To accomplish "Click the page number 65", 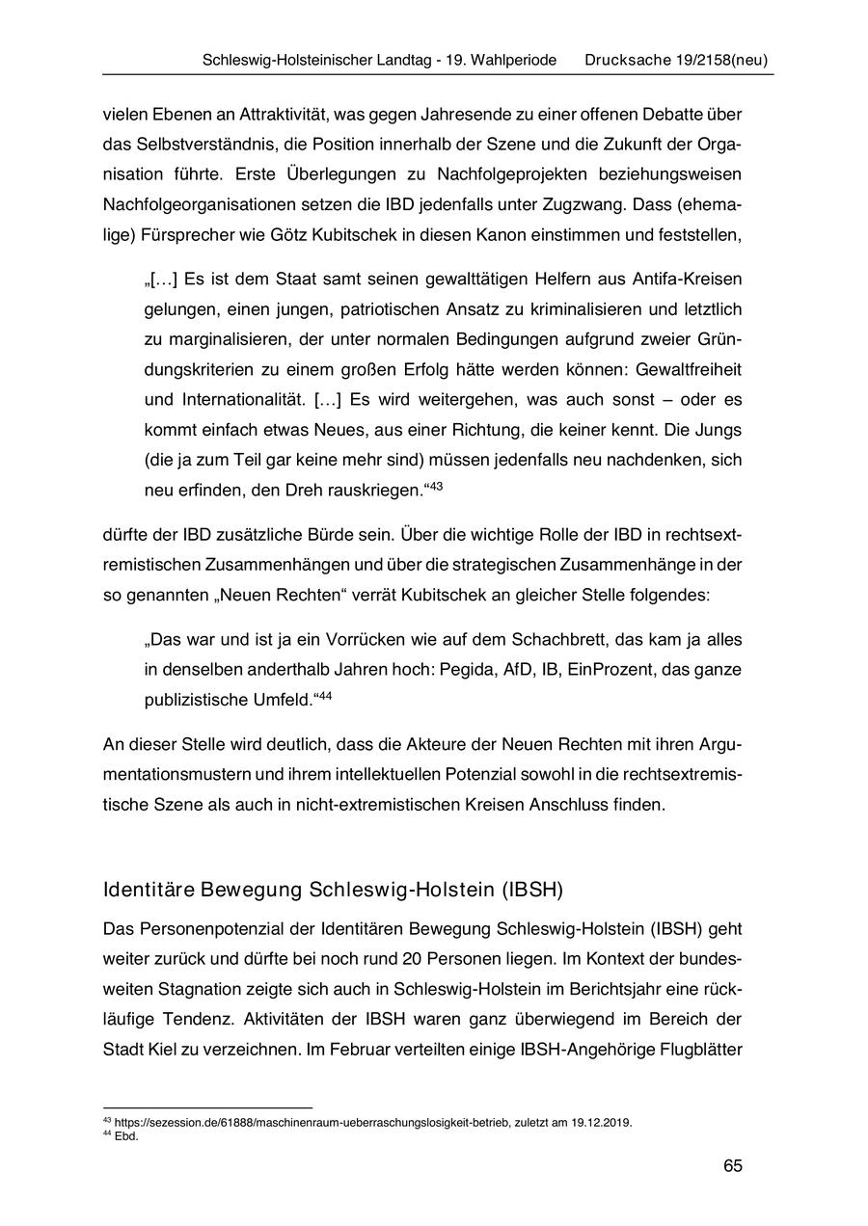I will point(732,1166).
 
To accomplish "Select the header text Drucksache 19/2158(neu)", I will point(676,60).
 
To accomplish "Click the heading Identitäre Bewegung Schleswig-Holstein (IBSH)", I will point(333,889).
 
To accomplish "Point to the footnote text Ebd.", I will point(126,1136).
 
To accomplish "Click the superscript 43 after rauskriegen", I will point(435,486).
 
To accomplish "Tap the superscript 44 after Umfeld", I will point(325,695).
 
